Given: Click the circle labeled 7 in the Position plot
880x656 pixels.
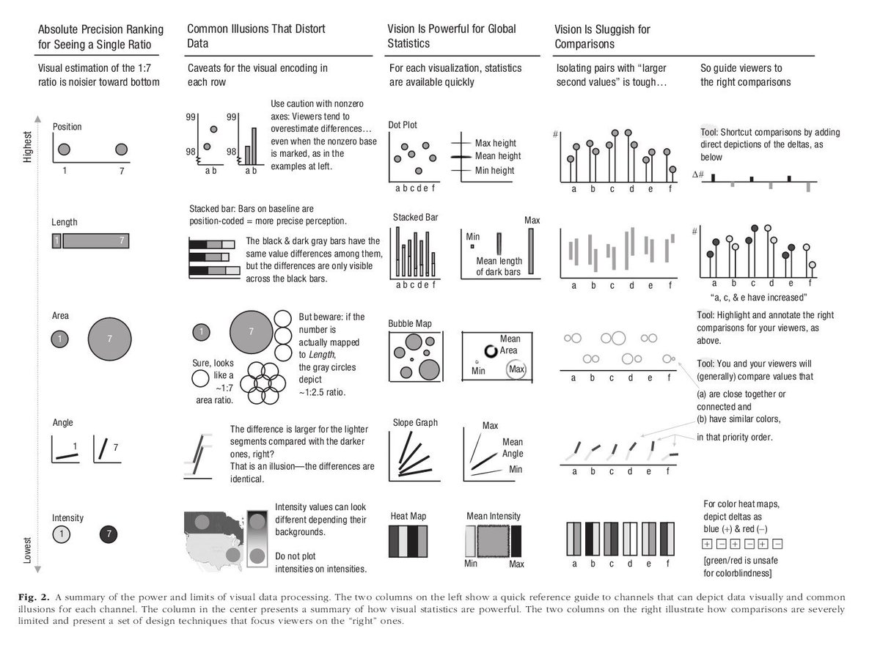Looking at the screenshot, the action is [x=122, y=150].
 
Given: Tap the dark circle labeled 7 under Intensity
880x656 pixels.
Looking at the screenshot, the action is [x=109, y=534].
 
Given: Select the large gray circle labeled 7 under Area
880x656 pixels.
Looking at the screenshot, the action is [x=109, y=339].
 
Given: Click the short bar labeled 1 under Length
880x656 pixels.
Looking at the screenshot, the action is [x=56, y=240].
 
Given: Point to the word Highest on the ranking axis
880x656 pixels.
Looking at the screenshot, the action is [x=27, y=147].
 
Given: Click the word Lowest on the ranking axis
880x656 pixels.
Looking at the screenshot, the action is [x=27, y=550].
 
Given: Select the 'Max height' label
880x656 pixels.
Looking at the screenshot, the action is [x=496, y=143].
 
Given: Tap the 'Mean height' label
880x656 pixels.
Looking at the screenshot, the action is [x=498, y=156].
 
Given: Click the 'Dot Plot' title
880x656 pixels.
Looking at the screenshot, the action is [x=403, y=125].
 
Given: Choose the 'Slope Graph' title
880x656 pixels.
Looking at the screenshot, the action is [x=415, y=422].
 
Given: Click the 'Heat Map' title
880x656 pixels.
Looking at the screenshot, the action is [x=408, y=516].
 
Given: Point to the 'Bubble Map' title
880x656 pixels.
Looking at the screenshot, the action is [x=410, y=323].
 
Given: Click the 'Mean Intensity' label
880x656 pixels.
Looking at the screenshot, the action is [x=494, y=516].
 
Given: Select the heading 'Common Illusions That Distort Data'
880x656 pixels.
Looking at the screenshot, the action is [x=256, y=36].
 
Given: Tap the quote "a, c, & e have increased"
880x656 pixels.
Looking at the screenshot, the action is [x=758, y=298].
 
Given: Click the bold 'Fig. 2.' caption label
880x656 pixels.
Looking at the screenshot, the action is [x=34, y=597].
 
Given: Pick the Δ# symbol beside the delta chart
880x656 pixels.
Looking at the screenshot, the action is [x=698, y=174].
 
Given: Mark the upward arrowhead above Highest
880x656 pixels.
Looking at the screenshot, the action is [x=37, y=119].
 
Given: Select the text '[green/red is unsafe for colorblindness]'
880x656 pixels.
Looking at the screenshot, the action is [x=741, y=567].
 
